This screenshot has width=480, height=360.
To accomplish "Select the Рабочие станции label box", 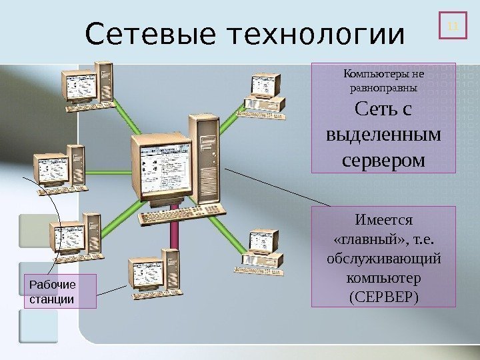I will tap(60, 291).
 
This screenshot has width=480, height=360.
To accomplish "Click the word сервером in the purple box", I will tap(383, 160).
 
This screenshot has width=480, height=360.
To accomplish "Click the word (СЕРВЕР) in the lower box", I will tap(383, 294).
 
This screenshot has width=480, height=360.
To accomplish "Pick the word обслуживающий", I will tap(383, 257).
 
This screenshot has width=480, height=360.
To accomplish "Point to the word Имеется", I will tap(383, 219).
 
